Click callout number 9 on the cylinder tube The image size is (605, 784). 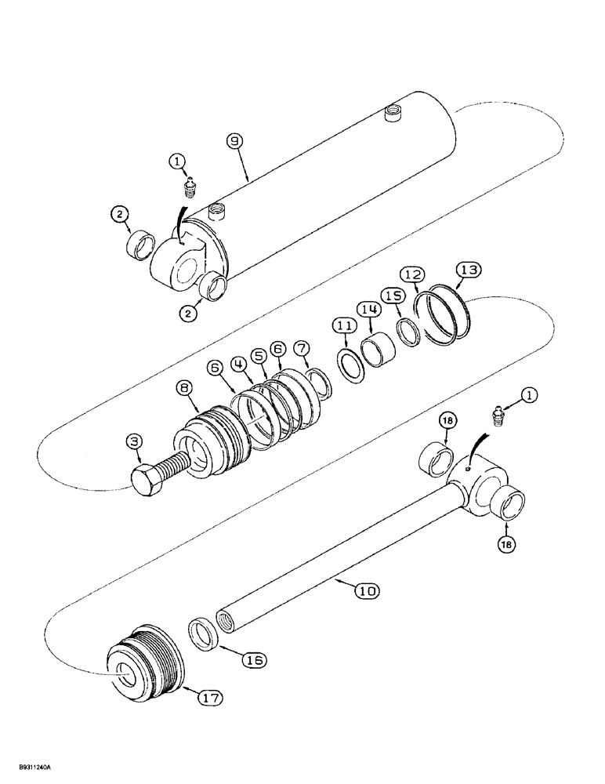235,143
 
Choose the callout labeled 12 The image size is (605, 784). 413,275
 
